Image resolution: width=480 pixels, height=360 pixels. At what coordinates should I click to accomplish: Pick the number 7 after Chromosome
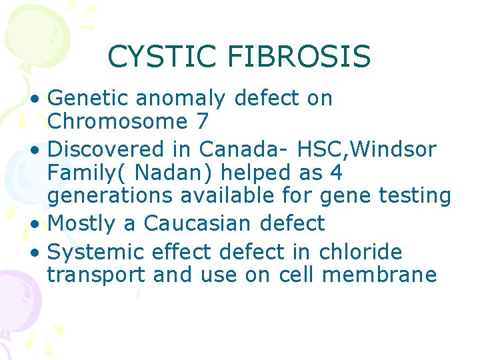(x=203, y=122)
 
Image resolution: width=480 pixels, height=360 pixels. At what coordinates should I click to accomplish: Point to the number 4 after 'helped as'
(x=337, y=173)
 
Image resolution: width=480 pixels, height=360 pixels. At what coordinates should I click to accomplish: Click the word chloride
(x=361, y=252)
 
